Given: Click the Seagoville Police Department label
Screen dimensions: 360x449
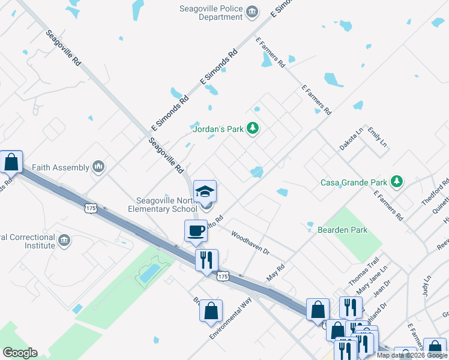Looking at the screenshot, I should coord(211,13).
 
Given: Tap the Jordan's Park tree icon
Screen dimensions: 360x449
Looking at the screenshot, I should coord(253,128).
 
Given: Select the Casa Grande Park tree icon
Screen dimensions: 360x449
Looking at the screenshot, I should coord(396,181).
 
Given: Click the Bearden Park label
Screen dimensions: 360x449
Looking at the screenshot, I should coord(342,230).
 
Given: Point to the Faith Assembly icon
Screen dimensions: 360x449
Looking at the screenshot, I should coord(99,167).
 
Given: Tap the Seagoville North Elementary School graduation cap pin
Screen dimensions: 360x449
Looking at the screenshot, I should coord(205,192).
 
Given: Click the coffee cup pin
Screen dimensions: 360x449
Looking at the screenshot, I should coord(195,232).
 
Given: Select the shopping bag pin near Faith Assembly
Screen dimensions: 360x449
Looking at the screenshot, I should coord(11,162).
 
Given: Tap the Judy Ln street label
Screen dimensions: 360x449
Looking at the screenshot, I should coord(427,286).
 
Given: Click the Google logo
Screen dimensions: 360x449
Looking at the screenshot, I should coord(20,353).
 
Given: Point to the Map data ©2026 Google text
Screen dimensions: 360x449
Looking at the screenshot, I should coord(411,355).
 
